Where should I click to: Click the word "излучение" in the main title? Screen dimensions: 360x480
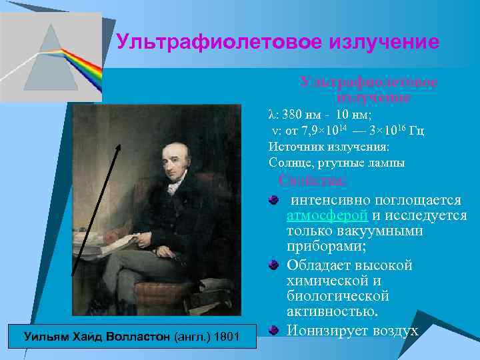[x=387, y=43]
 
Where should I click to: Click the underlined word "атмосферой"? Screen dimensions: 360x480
[x=327, y=215]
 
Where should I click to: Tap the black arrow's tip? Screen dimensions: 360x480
[x=121, y=145]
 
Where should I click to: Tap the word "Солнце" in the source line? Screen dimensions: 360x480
[x=289, y=163]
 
